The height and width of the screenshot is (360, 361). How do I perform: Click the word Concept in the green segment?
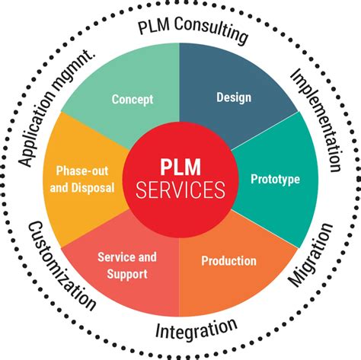click(133, 99)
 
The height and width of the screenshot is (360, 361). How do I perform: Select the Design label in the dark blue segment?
click(233, 97)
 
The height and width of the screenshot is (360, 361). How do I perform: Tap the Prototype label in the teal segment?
click(275, 180)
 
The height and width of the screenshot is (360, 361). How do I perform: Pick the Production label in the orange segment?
click(228, 261)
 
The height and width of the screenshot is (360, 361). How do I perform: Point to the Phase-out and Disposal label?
click(85, 180)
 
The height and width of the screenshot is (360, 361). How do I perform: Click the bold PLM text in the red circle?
click(180, 166)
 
